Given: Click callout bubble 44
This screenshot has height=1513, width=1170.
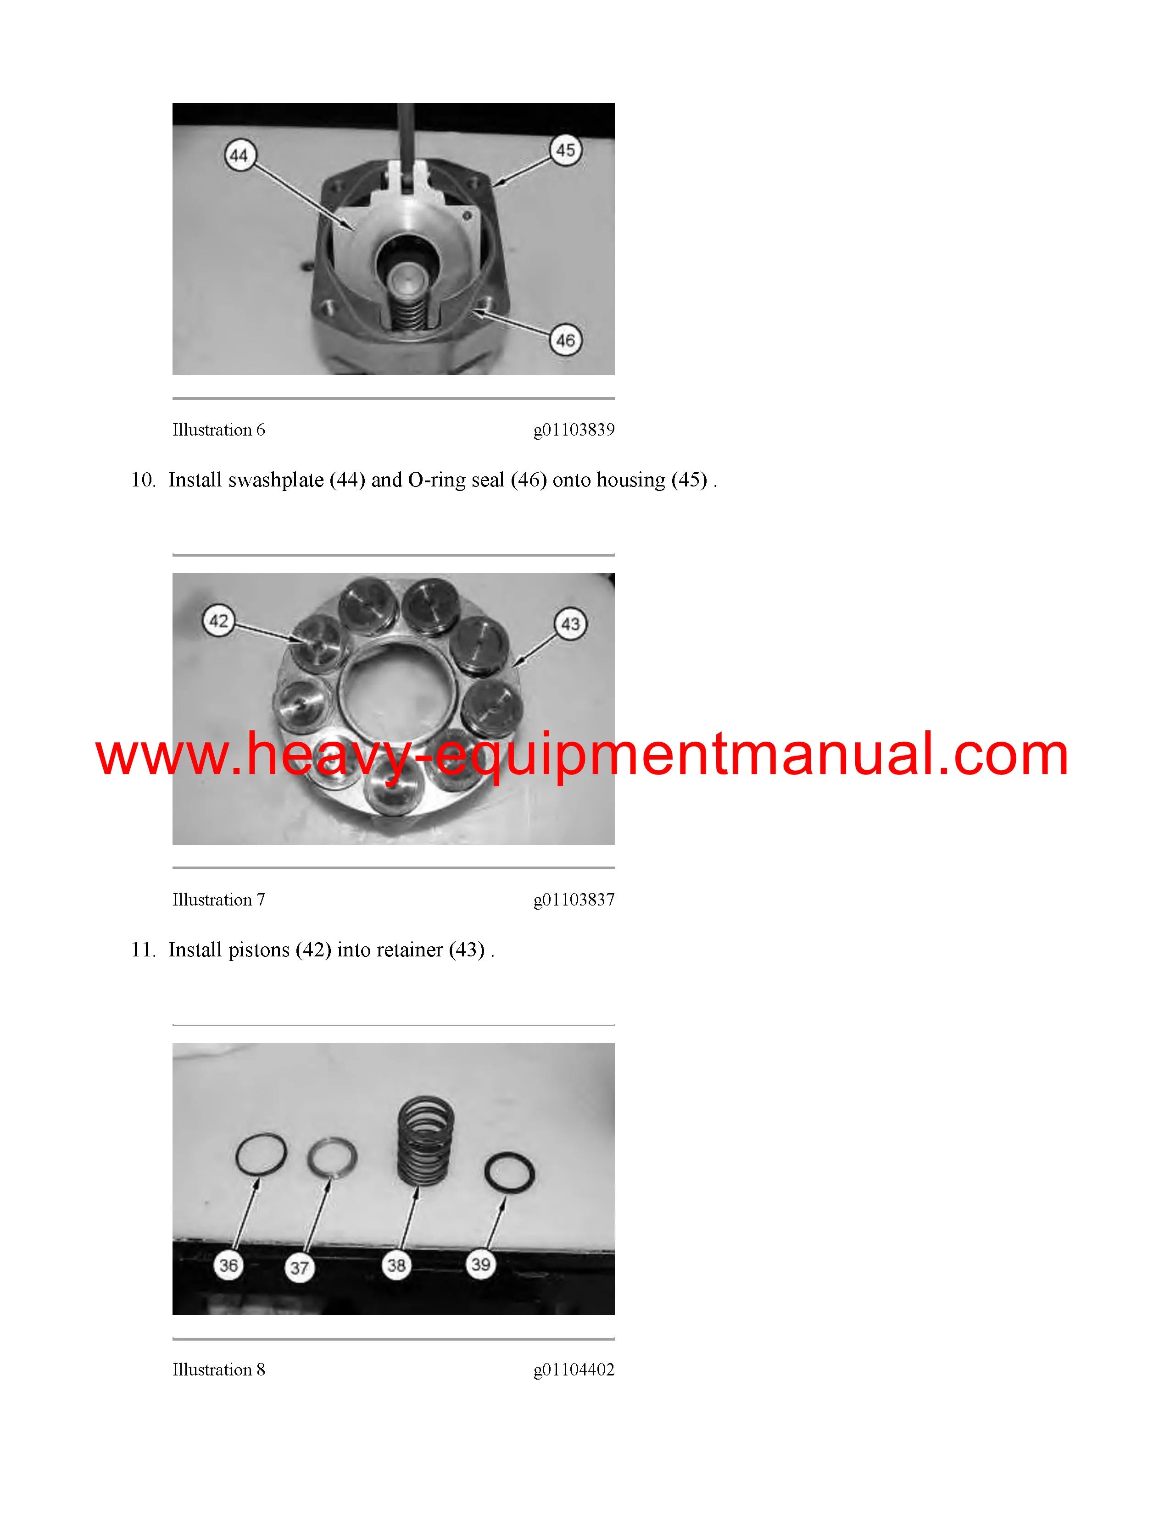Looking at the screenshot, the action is point(239,155).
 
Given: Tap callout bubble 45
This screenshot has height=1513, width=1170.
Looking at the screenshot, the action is point(566,149).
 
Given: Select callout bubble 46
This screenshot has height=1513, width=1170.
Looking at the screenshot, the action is point(566,340).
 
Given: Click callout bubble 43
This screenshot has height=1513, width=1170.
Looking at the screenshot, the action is point(570,624).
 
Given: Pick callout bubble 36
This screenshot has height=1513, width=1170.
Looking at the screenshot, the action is point(229,1266).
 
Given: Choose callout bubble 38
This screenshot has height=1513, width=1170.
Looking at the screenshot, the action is point(396,1265).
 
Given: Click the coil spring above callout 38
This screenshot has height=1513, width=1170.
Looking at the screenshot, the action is point(426,1138).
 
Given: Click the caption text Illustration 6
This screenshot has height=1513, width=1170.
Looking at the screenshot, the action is point(219,430).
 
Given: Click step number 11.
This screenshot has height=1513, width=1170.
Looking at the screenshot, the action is point(144,950).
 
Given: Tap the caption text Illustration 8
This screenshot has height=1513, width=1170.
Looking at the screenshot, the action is point(219,1369).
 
